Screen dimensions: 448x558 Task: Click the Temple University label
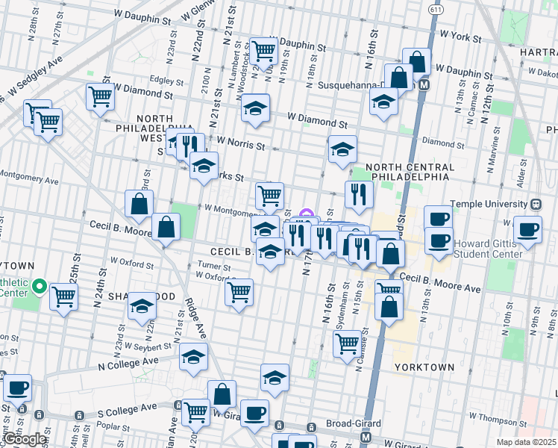pyautogui.click(x=492, y=204)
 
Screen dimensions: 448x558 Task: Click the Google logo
pyautogui.click(x=25, y=439)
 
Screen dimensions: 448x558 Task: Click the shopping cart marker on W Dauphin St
pyautogui.click(x=263, y=51)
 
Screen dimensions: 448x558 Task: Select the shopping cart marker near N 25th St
pyautogui.click(x=63, y=296)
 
